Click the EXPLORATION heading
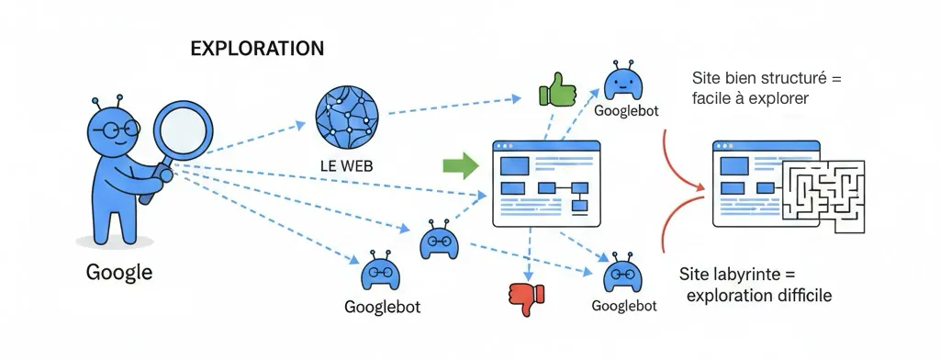(256, 49)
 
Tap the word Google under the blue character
(118, 273)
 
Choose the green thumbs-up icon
(555, 90)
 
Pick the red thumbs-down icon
(527, 298)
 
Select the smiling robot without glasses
(627, 83)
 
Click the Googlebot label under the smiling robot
(627, 111)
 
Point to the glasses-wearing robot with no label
(438, 241)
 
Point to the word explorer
(780, 98)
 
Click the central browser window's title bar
(545, 147)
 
